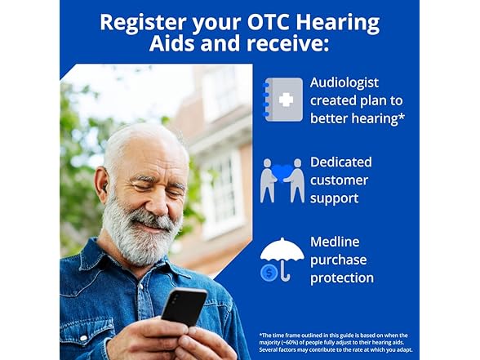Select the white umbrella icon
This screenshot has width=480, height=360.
[282, 255]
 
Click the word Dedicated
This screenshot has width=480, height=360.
[341, 162]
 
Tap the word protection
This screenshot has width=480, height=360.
[342, 278]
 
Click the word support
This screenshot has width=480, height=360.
[335, 198]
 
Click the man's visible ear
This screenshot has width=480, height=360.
[101, 184]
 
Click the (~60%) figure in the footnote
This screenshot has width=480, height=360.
[290, 343]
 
